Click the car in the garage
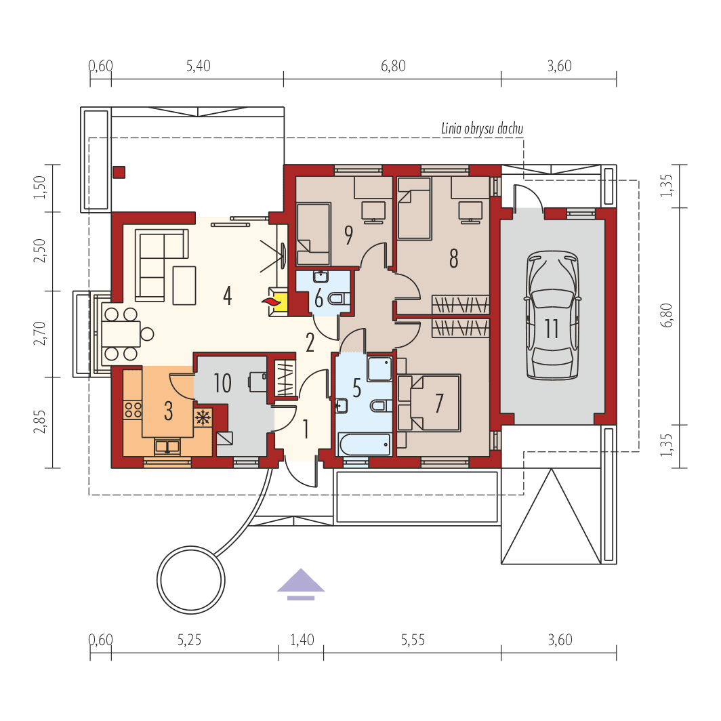tap(552, 316)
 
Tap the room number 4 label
tap(227, 295)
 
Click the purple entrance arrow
tap(300, 584)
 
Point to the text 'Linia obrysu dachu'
tap(482, 128)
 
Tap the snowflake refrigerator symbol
tap(203, 417)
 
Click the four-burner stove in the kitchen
tap(133, 409)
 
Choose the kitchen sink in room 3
tap(167, 446)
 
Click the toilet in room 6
tap(337, 298)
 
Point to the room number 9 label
tap(348, 234)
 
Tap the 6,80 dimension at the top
tap(393, 66)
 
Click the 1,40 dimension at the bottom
tap(302, 640)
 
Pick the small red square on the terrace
tap(119, 172)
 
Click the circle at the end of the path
tap(191, 580)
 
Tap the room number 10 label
tap(222, 384)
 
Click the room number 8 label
tap(453, 258)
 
